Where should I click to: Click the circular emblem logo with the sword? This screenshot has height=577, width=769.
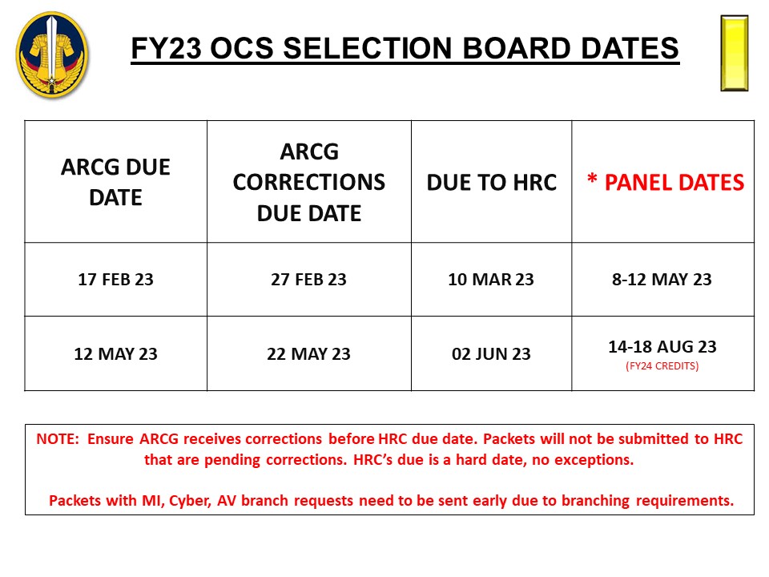52,54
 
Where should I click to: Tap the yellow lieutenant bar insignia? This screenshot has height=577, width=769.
735,53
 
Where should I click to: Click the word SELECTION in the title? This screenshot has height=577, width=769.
368,49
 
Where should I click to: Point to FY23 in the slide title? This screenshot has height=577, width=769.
167,49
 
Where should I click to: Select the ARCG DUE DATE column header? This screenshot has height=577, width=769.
115,182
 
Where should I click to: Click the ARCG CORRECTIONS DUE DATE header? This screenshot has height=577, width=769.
309,182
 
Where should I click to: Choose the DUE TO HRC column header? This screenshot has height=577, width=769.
491,183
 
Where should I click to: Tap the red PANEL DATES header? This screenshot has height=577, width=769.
674,183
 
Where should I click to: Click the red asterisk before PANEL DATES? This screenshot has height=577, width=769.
593,179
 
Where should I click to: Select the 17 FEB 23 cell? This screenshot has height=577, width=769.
115,279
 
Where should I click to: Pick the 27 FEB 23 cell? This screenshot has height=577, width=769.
308,279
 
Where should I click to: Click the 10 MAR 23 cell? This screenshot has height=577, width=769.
491,279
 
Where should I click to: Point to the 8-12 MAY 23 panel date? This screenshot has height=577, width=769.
662,279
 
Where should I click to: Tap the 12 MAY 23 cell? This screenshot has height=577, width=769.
115,353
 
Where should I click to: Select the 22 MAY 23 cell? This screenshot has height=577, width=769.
308,353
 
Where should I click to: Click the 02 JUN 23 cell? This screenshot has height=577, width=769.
491,353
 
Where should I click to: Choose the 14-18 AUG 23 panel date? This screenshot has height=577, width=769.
662,346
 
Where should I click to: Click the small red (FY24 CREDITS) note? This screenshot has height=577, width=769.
662,366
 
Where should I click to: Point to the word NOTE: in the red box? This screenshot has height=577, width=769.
58,438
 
